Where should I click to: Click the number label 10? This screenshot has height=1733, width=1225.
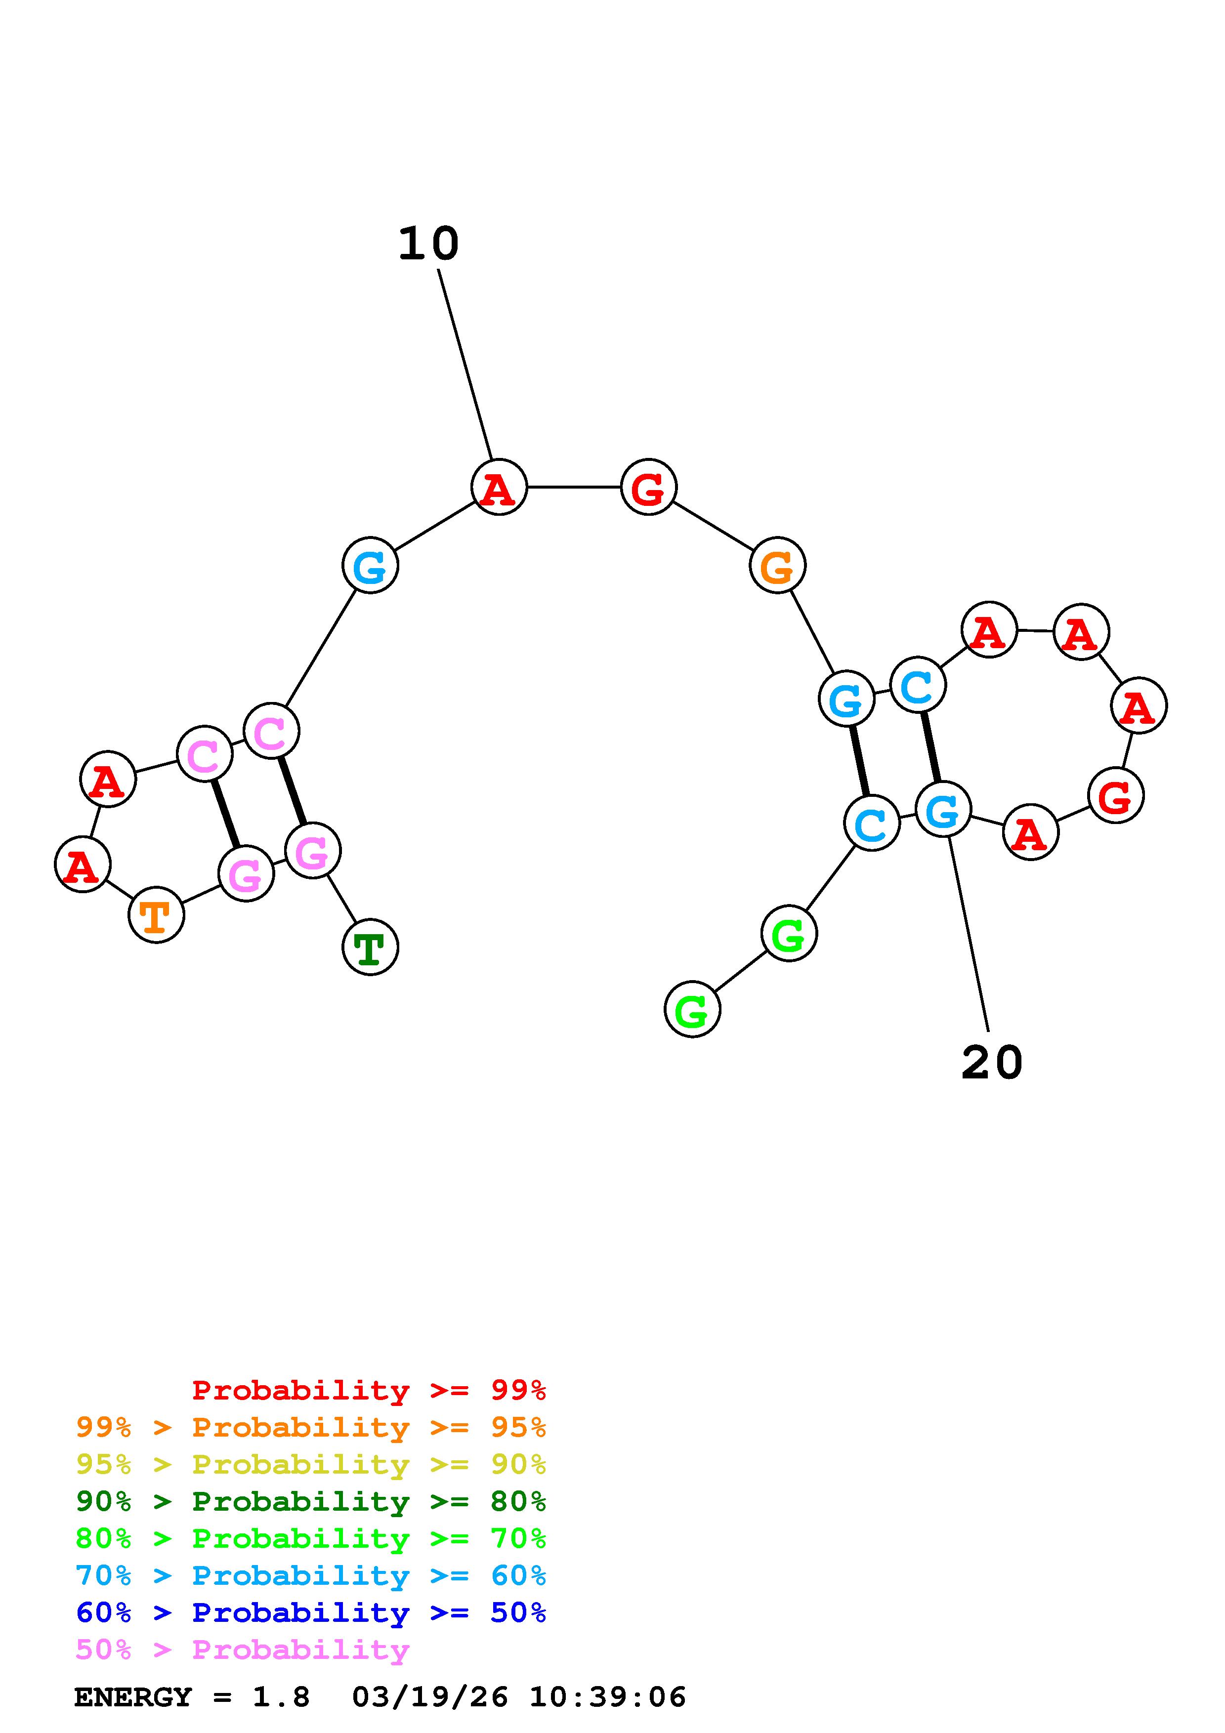tap(428, 244)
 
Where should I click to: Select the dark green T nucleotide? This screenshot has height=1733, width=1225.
tap(370, 947)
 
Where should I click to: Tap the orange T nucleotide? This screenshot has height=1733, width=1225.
tap(156, 915)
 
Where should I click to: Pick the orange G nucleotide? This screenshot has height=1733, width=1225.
tap(777, 565)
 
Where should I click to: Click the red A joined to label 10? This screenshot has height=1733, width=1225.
tap(499, 488)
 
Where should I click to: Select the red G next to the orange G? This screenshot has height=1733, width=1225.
tap(648, 488)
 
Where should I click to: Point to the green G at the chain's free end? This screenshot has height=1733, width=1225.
tap(692, 1010)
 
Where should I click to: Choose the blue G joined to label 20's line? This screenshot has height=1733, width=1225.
tap(943, 809)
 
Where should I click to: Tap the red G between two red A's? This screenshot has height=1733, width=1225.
tap(1116, 795)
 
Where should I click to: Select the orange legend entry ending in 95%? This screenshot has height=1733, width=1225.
tap(310, 1427)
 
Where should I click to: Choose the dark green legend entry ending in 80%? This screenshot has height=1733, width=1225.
tap(310, 1501)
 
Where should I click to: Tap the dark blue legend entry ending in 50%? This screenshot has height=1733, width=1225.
tap(310, 1612)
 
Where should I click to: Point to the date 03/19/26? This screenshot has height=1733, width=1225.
tap(429, 1697)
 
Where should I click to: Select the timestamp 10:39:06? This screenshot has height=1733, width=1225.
tap(608, 1697)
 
